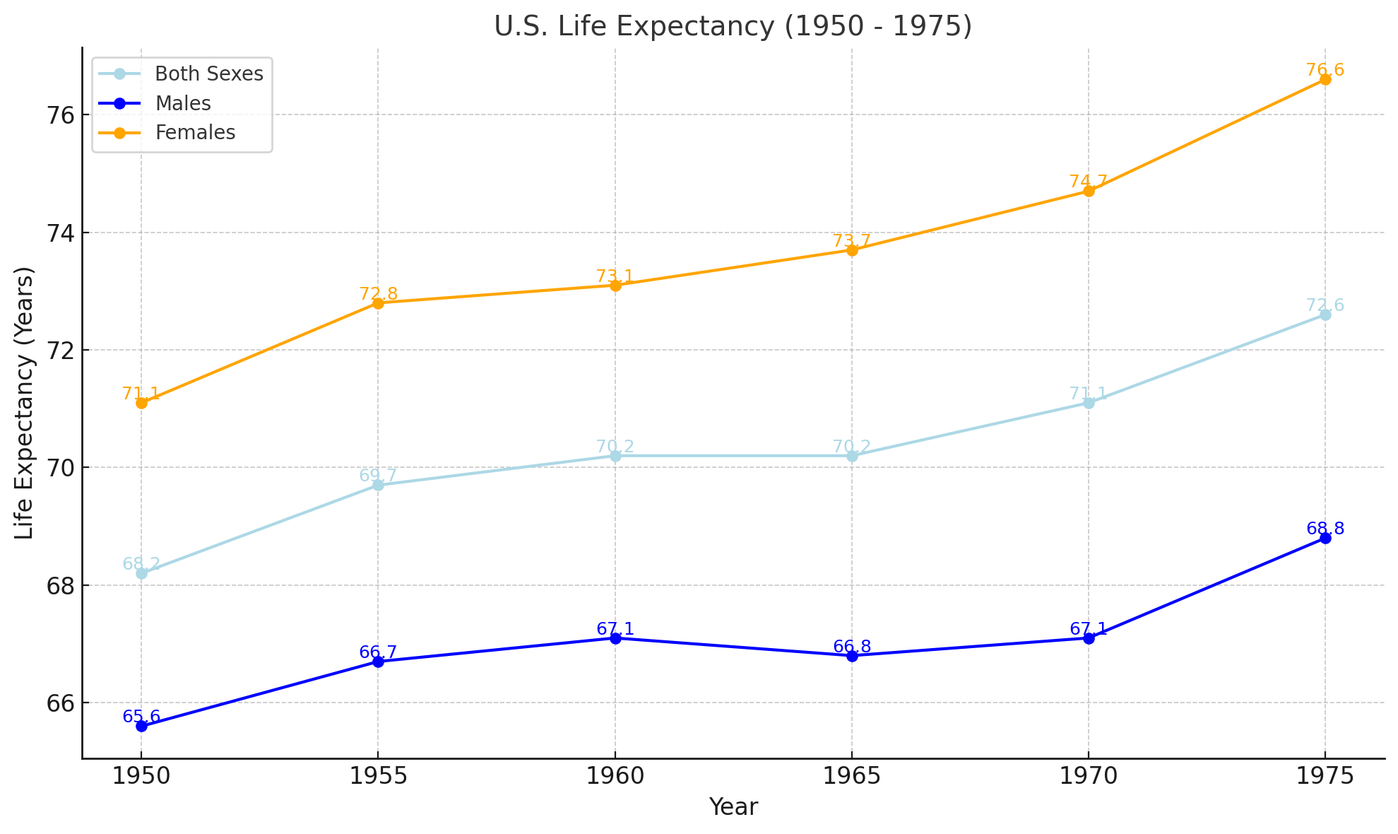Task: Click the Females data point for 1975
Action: point(1325,79)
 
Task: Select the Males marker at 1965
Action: point(852,656)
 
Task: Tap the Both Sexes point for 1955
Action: point(378,485)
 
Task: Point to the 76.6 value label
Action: point(1325,70)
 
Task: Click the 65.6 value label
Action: point(141,717)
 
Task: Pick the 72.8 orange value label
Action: point(378,294)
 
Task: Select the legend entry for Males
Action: point(183,103)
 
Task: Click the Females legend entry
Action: point(195,133)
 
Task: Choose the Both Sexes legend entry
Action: point(209,74)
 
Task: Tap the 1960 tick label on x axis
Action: point(615,776)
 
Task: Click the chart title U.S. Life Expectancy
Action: point(733,26)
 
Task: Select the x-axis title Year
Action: point(733,807)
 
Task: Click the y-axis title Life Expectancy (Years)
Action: point(25,403)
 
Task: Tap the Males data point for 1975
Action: point(1325,538)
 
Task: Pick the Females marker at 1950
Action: point(141,403)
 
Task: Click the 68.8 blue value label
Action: point(1325,529)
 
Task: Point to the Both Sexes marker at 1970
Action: point(1088,403)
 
